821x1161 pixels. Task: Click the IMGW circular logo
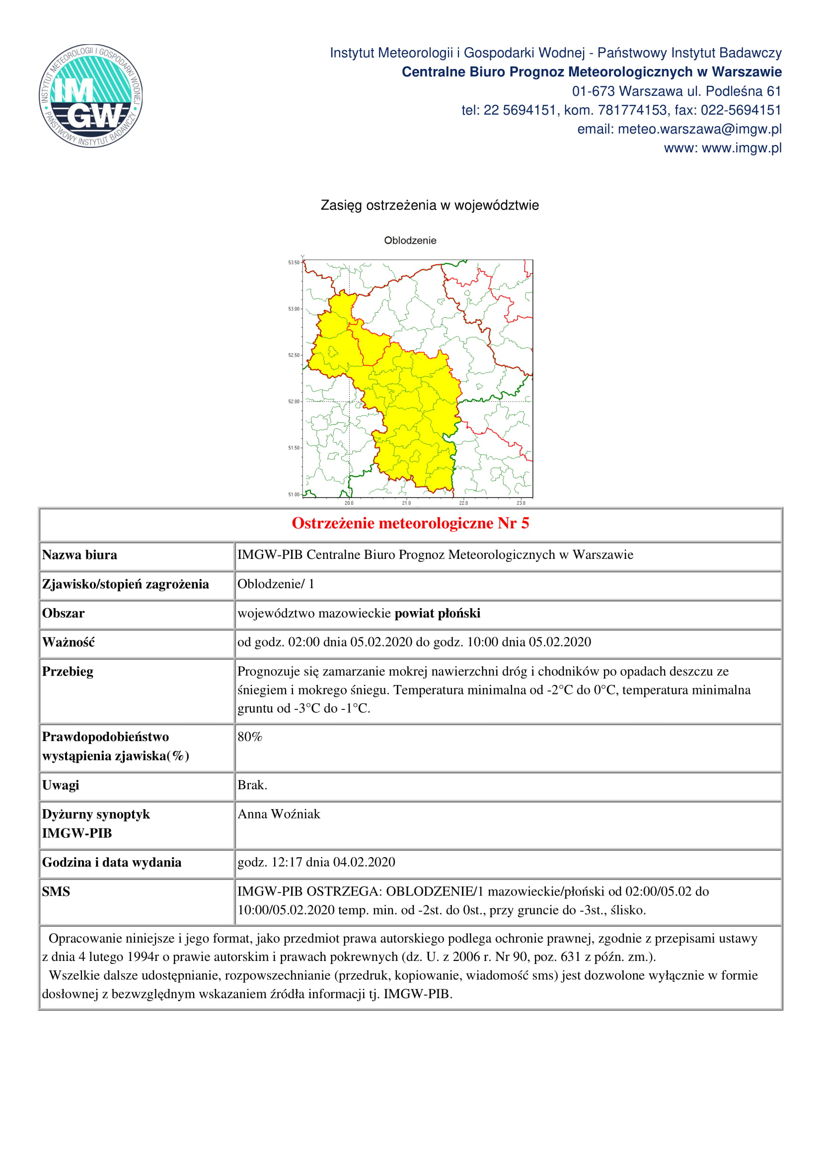[90, 96]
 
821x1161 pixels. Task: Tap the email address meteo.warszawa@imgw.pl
[699, 130]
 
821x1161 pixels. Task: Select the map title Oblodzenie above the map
[410, 240]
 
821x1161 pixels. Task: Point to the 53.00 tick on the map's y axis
[294, 308]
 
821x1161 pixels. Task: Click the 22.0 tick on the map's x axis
[463, 503]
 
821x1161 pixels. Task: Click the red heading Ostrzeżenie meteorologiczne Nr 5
[410, 523]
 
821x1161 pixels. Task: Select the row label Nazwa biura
[79, 555]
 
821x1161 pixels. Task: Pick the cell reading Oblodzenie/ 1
[276, 584]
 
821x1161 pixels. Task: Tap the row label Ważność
[68, 642]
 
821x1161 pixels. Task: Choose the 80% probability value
[250, 737]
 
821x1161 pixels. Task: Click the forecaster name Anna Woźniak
[279, 814]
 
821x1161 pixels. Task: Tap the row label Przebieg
[68, 672]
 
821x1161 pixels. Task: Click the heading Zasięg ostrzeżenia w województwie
[430, 205]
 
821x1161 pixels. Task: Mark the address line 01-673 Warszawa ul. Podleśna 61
[676, 91]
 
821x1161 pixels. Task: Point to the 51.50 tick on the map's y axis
[294, 448]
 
